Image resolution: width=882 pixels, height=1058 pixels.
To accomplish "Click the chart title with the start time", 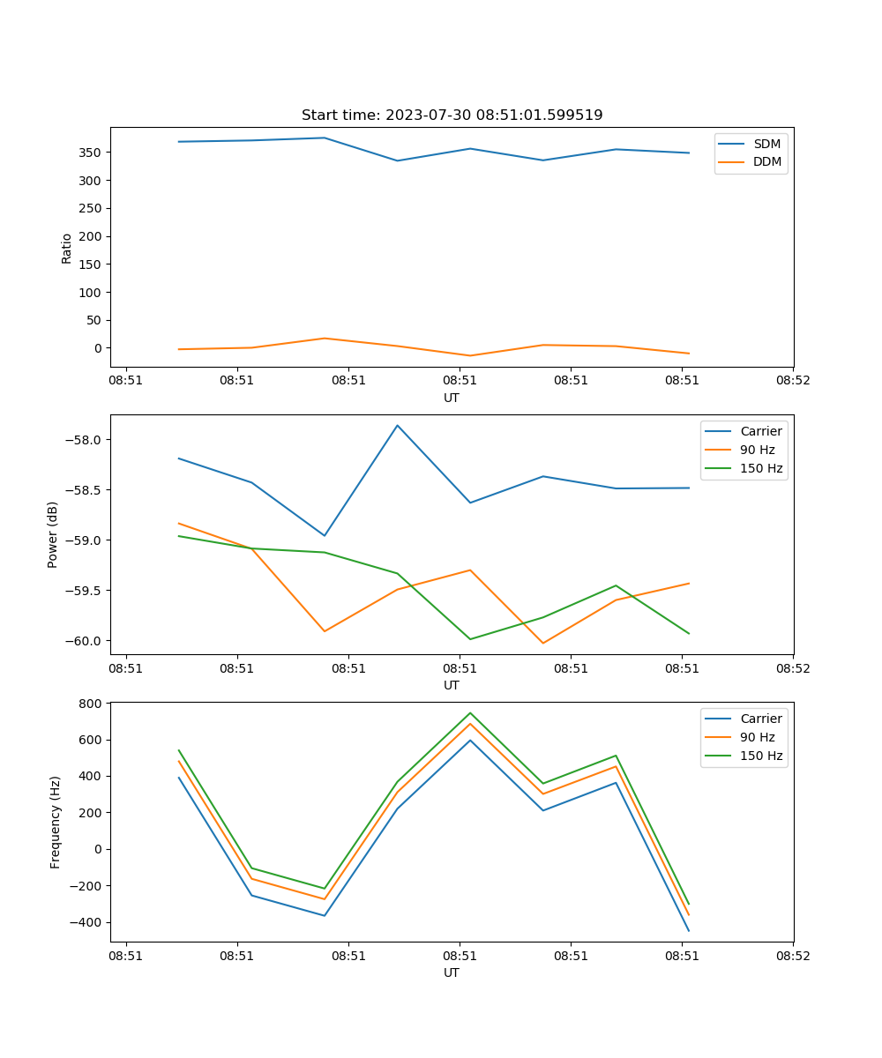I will click(x=452, y=115).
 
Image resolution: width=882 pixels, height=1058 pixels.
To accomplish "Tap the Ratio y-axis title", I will click(x=67, y=248).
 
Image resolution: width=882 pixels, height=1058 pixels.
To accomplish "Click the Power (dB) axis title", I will click(x=53, y=534).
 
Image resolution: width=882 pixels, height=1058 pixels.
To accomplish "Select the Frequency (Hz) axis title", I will click(x=56, y=822).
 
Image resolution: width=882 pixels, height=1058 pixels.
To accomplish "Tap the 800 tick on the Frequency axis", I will click(x=91, y=704).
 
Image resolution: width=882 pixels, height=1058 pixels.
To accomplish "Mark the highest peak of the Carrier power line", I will click(x=398, y=426).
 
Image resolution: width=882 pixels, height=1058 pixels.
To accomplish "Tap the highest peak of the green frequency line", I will click(x=470, y=713).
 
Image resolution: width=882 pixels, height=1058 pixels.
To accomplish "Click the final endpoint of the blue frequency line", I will click(x=689, y=931).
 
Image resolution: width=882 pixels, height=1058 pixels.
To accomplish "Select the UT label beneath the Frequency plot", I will click(x=452, y=972).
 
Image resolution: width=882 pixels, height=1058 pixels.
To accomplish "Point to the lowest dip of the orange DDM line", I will click(x=470, y=355).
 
